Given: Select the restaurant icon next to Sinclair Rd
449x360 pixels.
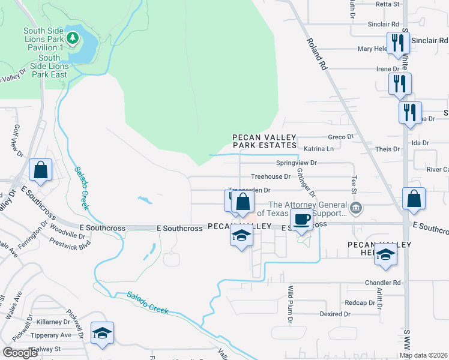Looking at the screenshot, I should (397, 43).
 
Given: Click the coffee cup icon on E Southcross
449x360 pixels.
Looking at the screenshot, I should (303, 219).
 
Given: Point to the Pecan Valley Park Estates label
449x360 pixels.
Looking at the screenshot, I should (265, 142).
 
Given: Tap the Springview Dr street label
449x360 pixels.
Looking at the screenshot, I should (295, 163).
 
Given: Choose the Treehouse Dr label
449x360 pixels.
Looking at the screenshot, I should (270, 176).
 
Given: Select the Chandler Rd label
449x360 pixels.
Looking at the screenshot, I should (382, 282).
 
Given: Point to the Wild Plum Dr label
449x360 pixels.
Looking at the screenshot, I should (289, 305).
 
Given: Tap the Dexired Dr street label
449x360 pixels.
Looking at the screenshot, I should (334, 314).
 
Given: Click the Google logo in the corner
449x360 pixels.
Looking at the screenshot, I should (20, 353).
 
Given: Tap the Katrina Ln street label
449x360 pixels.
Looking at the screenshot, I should (318, 148).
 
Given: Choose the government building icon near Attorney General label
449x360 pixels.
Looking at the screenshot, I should (356, 208).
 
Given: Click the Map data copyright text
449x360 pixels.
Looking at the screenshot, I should (423, 355).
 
